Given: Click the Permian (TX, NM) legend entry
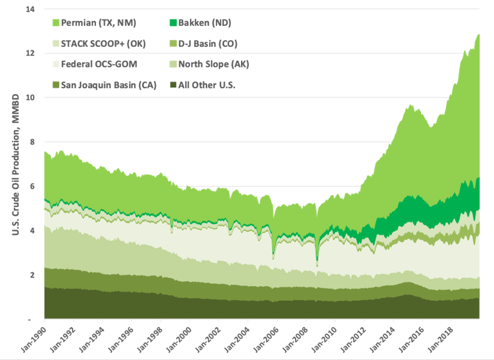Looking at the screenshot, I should [98, 23].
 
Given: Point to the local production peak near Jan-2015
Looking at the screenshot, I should [410, 105].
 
